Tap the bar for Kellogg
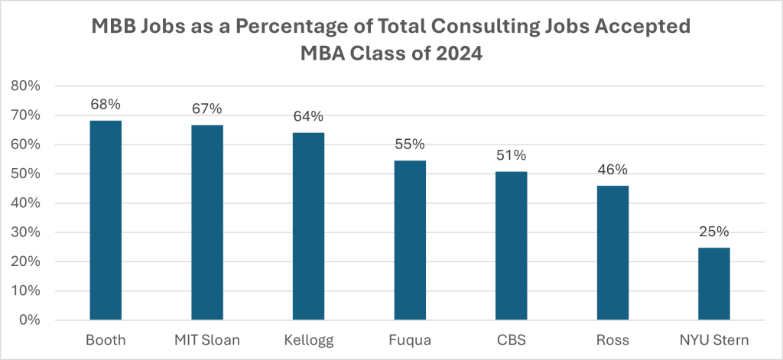pyautogui.click(x=308, y=225)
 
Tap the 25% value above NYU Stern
pyautogui.click(x=713, y=232)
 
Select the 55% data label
pyautogui.click(x=410, y=144)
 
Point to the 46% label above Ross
pyautogui.click(x=612, y=170)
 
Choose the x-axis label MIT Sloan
pyautogui.click(x=207, y=339)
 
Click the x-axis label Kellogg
pyautogui.click(x=308, y=339)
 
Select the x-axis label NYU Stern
pyautogui.click(x=713, y=339)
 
